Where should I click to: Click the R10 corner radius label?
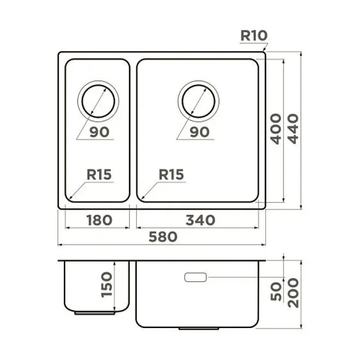(x=254, y=36)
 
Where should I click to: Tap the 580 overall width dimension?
(x=163, y=237)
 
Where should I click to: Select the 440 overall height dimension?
(x=293, y=129)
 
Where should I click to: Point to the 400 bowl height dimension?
(x=276, y=129)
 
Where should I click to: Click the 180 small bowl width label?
(x=99, y=220)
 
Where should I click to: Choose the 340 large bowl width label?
(x=200, y=220)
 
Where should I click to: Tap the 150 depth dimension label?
(x=107, y=285)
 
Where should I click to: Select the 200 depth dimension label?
(x=293, y=293)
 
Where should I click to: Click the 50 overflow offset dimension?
(x=276, y=291)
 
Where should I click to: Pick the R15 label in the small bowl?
(x=99, y=175)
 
